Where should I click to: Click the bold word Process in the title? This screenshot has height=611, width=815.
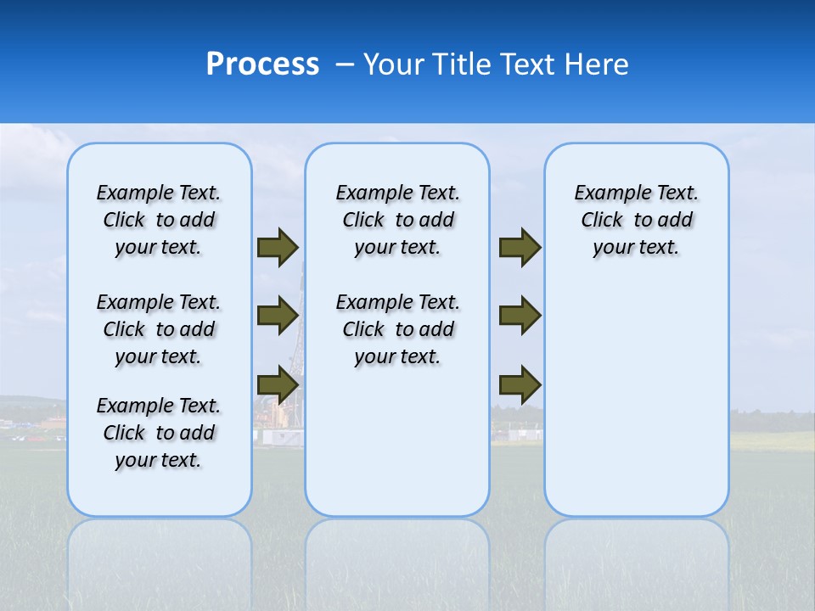pyautogui.click(x=262, y=64)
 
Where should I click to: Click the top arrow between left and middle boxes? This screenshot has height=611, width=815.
pyautogui.click(x=278, y=248)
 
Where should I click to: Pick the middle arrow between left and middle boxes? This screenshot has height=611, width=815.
pyautogui.click(x=278, y=316)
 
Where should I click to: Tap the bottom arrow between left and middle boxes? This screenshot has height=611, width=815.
pyautogui.click(x=278, y=384)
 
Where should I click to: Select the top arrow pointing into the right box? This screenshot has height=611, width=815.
pyautogui.click(x=520, y=248)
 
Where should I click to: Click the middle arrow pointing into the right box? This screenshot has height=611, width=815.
pyautogui.click(x=520, y=316)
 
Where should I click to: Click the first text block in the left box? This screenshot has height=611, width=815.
pyautogui.click(x=159, y=220)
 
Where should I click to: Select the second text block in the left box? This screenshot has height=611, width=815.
pyautogui.click(x=159, y=329)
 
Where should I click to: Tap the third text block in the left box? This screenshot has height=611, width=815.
pyautogui.click(x=159, y=433)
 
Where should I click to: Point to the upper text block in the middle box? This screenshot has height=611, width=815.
pyautogui.click(x=397, y=220)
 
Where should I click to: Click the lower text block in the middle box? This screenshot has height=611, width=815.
pyautogui.click(x=397, y=329)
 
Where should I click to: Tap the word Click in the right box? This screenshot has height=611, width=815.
pyautogui.click(x=602, y=221)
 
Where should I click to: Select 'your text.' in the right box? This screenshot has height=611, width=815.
pyautogui.click(x=636, y=248)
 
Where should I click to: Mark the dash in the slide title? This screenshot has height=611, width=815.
pyautogui.click(x=345, y=64)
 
